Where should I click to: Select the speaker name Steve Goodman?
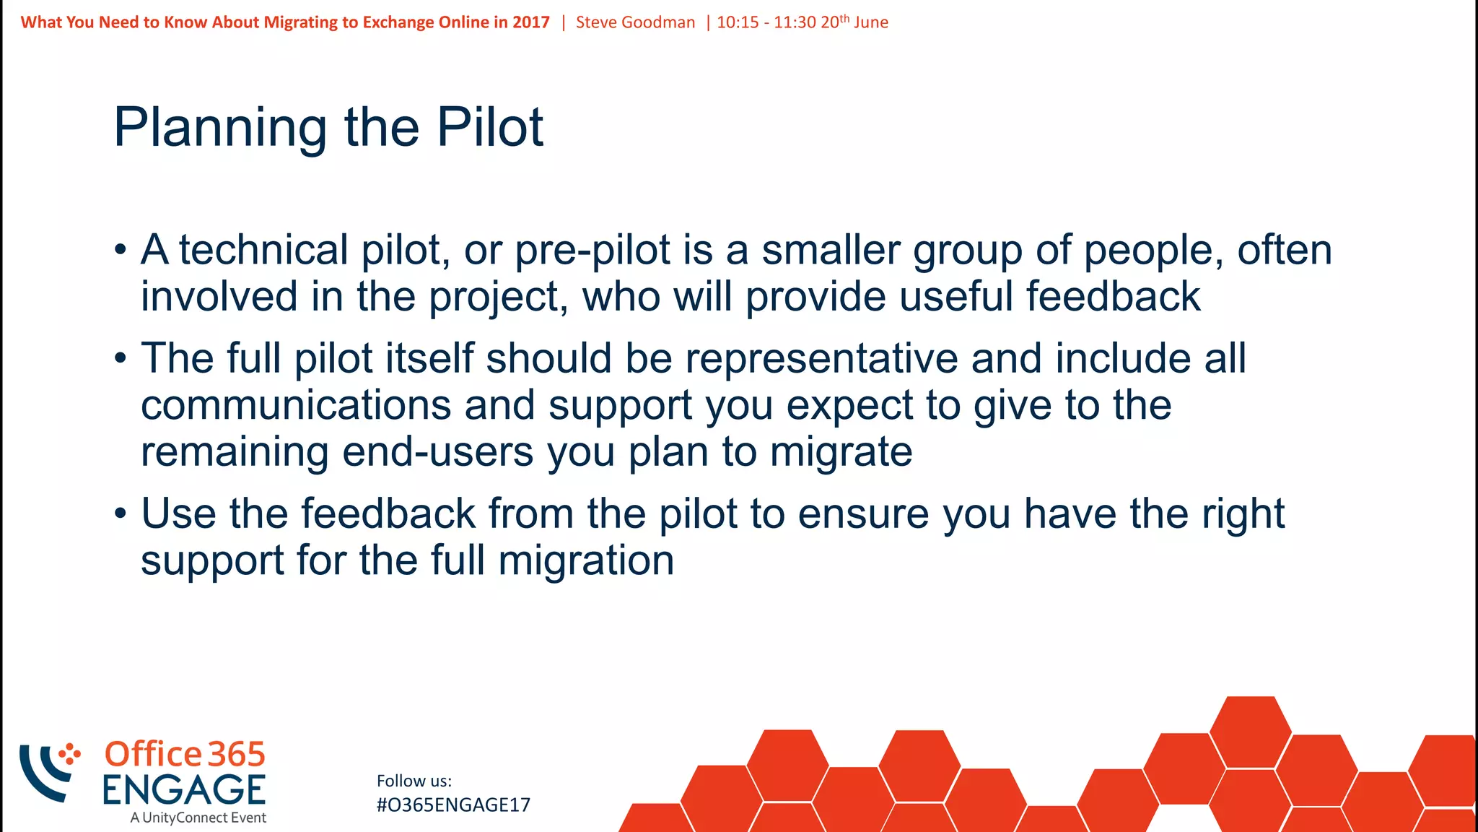tap(635, 22)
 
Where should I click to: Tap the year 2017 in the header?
tap(530, 22)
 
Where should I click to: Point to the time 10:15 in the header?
tap(738, 22)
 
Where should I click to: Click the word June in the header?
tap(870, 22)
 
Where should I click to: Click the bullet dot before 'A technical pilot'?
tap(121, 251)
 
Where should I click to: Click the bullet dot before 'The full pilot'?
tap(121, 358)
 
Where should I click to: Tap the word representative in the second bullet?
tap(821, 359)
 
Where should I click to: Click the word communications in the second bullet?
tap(296, 405)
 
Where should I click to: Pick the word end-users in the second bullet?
tap(437, 453)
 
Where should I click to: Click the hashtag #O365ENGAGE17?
tap(453, 805)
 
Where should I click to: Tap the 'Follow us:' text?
tap(414, 781)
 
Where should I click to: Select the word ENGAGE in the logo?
tap(184, 790)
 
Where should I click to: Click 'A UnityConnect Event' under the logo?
tap(198, 818)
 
